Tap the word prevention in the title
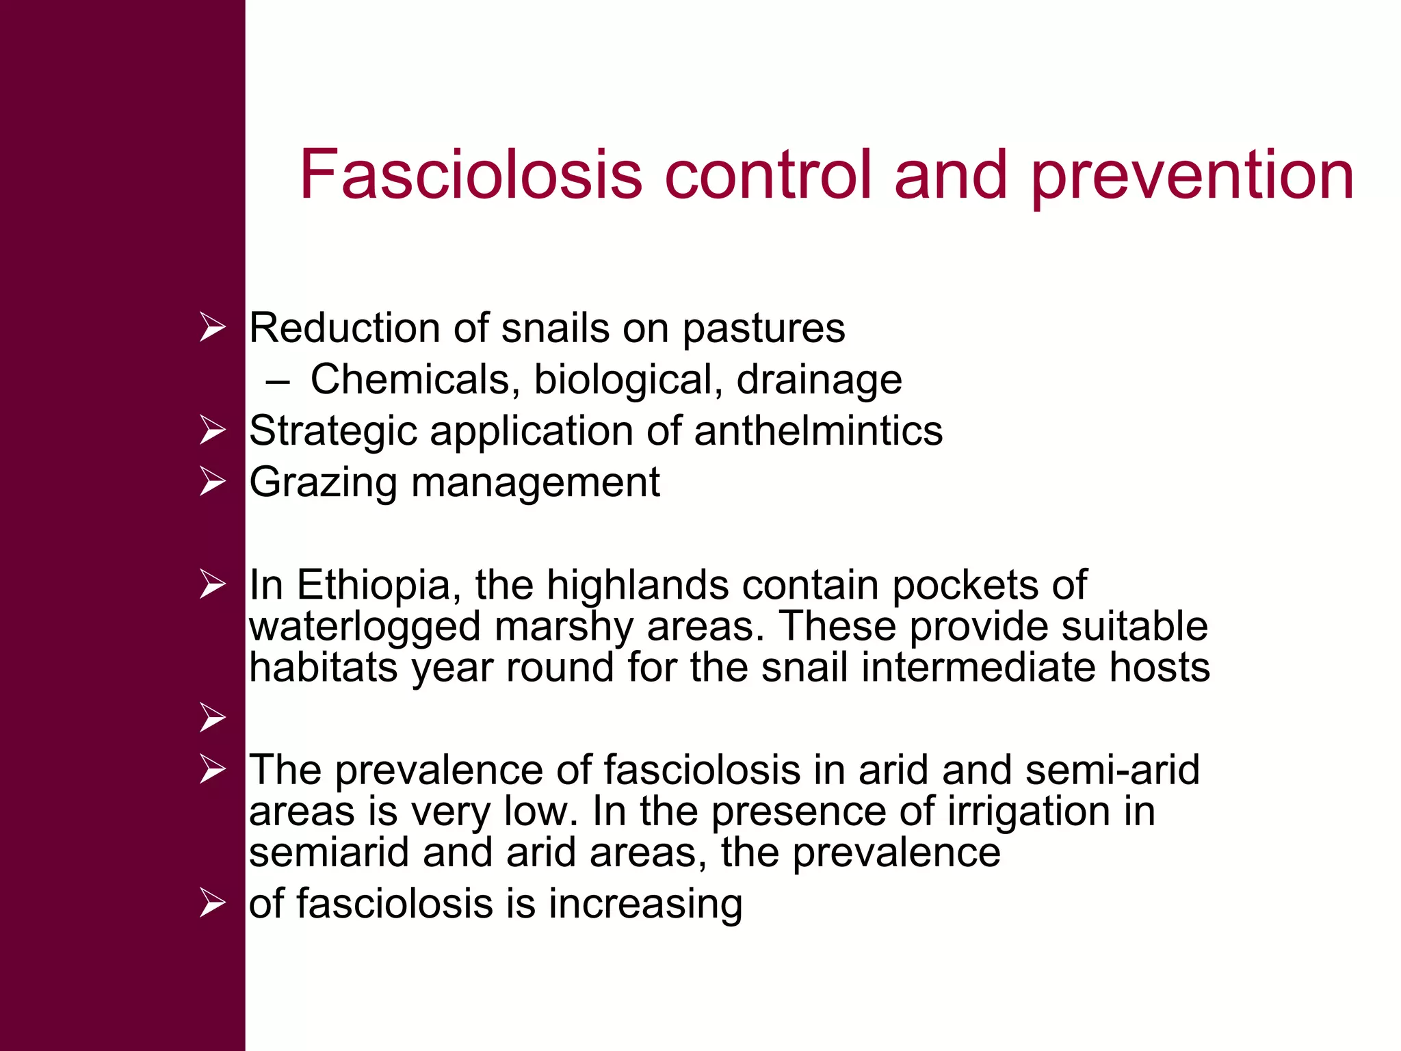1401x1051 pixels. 1192,177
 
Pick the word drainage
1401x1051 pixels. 820,381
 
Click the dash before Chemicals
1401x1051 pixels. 278,381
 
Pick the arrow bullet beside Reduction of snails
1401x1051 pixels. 213,327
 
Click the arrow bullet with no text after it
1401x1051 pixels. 213,718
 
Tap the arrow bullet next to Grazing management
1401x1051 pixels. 213,482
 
